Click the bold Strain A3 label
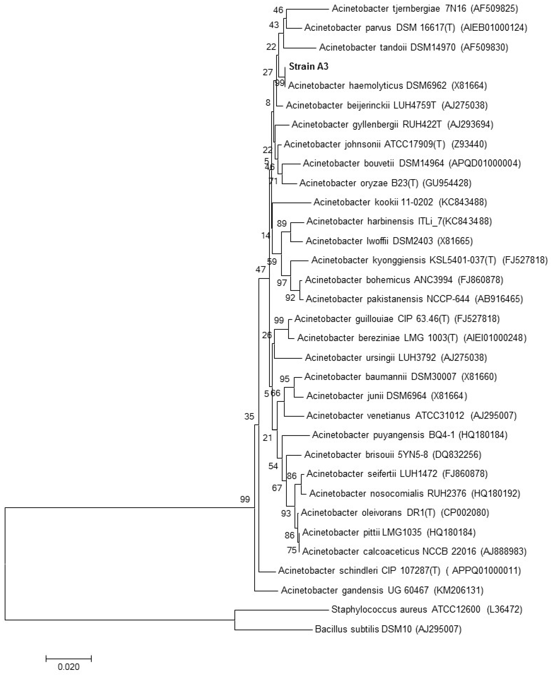[x=308, y=66]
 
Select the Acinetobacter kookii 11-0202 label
[x=373, y=202]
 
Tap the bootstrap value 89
[x=282, y=224]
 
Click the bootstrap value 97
[x=282, y=282]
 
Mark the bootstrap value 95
[x=285, y=379]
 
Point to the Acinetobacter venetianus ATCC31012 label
[x=385, y=415]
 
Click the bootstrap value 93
[x=286, y=513]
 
